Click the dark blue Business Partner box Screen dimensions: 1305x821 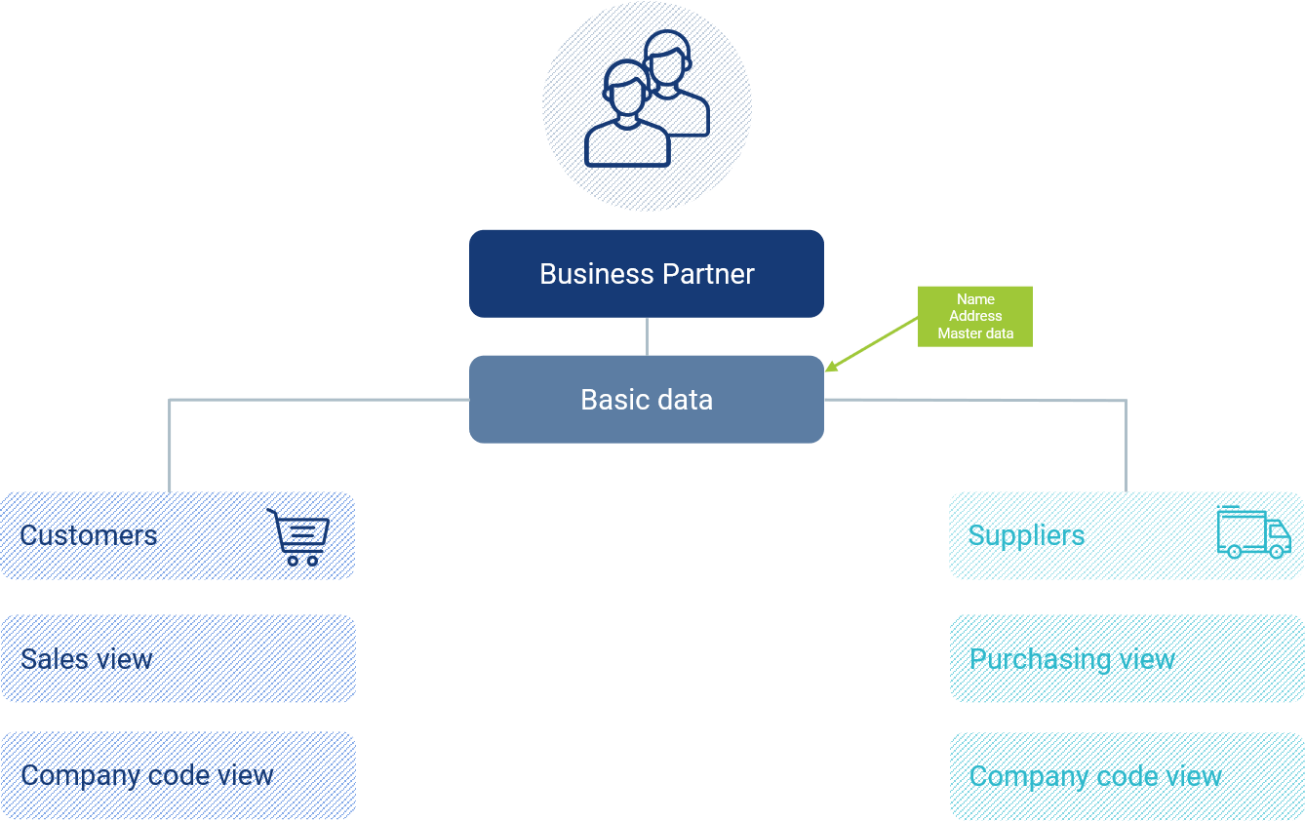click(646, 274)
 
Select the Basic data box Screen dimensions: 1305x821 click(646, 400)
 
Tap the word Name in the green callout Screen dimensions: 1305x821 click(975, 299)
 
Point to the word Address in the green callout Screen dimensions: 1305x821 click(975, 316)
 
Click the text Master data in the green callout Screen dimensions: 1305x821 click(975, 333)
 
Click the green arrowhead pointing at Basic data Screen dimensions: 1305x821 click(831, 367)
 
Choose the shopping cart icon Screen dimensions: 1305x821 click(298, 537)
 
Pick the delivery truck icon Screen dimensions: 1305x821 click(1253, 532)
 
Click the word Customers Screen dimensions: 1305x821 click(89, 535)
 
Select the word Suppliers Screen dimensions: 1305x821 click(1026, 535)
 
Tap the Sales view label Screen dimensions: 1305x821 click(86, 659)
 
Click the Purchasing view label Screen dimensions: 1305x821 click(1072, 660)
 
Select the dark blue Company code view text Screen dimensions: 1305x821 click(147, 776)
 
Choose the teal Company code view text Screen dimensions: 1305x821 click(1095, 777)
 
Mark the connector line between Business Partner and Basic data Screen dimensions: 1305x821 click(647, 336)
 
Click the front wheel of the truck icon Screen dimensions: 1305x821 click(1276, 552)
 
